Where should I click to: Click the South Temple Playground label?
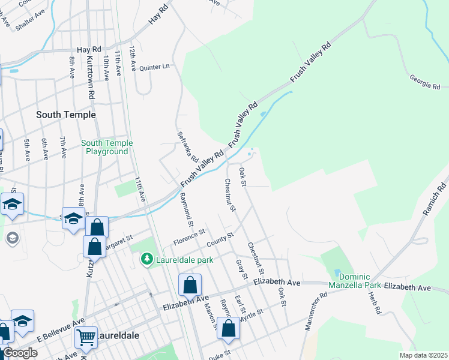[106, 147]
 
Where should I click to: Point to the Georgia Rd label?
[425, 82]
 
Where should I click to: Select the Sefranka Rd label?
[187, 147]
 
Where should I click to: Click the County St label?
[220, 241]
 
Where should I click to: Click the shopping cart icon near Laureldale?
[86, 337]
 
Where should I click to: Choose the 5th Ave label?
[27, 151]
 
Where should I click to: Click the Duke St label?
[220, 356]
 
